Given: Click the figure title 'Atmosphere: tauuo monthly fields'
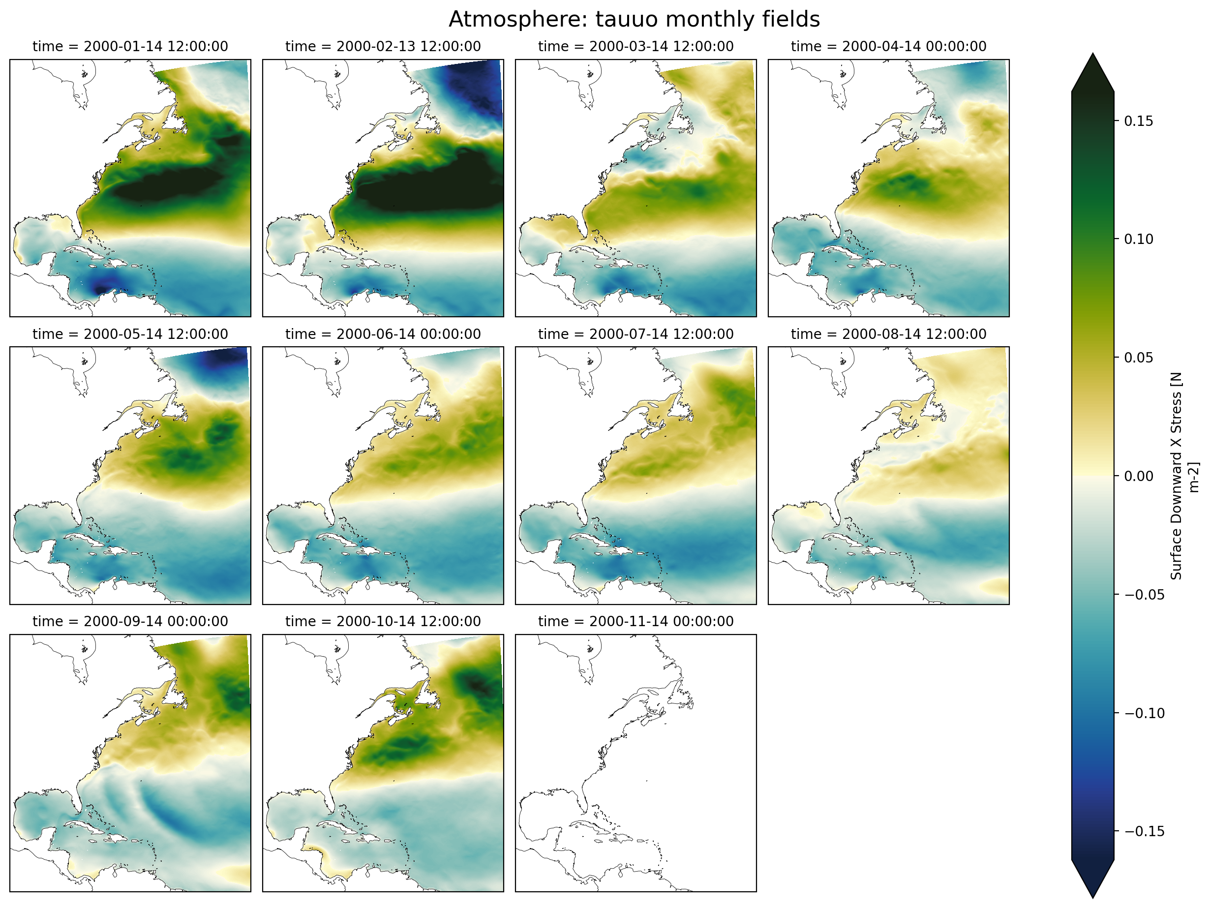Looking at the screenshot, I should coord(634,20).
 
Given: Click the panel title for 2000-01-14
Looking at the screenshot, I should coord(130,47).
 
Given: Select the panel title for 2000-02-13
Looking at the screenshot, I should coord(383,47).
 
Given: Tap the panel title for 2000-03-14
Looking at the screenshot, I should coord(635,47).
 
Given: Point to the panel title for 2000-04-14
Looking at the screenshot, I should coord(888,47).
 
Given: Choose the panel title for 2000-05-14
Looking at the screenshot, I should coord(130,334).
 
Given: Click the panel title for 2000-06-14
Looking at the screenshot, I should coord(383,334).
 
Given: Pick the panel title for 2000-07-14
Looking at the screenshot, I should coord(635,334).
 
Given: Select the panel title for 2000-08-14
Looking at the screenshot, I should coord(888,334).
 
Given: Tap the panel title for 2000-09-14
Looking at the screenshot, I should coord(130,621).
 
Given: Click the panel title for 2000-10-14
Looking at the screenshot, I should coord(383,621).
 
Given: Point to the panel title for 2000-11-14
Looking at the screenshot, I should coord(635,621).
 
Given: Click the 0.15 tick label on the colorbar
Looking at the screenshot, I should coord(1138,121).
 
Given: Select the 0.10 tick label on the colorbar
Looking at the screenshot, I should coord(1138,239).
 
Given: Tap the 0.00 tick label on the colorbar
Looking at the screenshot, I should coord(1138,476).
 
